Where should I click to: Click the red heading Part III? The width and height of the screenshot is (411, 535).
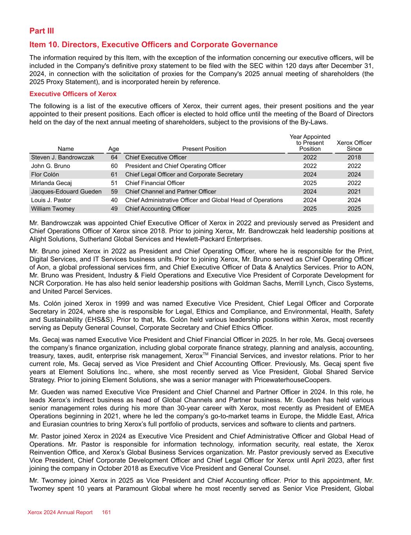(42, 31)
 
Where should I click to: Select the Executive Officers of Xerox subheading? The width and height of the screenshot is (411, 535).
(73, 94)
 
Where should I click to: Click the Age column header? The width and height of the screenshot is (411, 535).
(114, 149)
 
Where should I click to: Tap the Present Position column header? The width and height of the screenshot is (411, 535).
(204, 149)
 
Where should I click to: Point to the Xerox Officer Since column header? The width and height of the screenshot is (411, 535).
(354, 146)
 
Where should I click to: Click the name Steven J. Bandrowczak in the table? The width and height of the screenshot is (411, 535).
(63, 158)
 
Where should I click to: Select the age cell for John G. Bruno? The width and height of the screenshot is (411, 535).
(114, 166)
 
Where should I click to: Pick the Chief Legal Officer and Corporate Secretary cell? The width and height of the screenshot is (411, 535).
(184, 174)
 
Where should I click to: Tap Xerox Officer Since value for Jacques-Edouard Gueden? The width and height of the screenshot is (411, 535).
(354, 192)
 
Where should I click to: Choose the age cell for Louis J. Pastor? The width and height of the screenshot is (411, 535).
(114, 200)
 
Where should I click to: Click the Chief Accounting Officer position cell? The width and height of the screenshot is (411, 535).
(157, 209)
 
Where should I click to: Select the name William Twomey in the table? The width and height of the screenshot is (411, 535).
(53, 209)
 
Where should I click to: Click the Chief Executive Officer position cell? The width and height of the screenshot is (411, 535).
(156, 158)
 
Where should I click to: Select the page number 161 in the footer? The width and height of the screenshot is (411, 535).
(107, 512)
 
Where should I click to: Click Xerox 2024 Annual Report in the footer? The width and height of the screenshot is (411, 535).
(60, 512)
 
